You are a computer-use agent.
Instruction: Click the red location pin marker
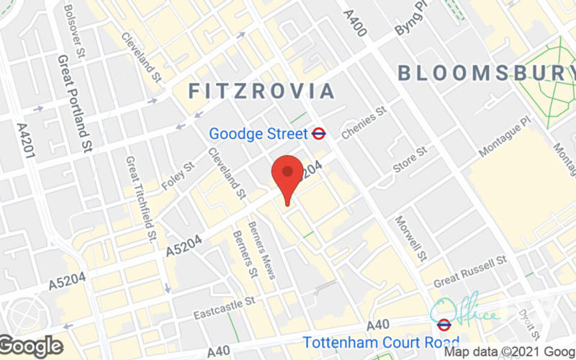288,177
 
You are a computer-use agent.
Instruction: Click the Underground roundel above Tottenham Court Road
444,324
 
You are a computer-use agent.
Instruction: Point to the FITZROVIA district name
262,91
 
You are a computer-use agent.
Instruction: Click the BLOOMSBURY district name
487,73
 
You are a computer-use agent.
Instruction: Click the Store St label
410,159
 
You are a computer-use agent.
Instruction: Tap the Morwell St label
411,238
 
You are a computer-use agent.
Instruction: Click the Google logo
32,346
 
